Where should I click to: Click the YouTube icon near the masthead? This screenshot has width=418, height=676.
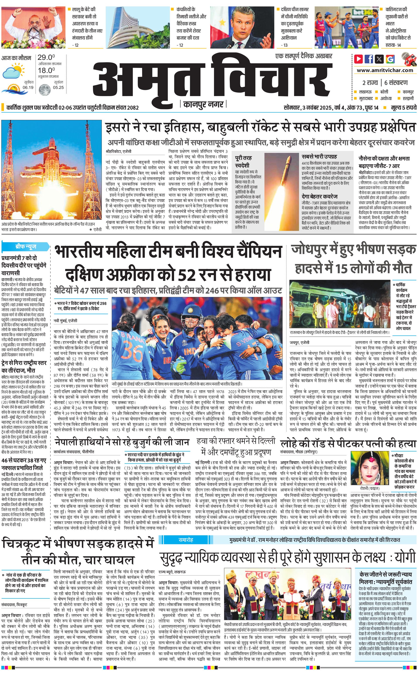point(359,59)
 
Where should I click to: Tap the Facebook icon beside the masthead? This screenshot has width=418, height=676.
point(369,59)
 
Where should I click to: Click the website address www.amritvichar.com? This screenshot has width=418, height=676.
point(385,70)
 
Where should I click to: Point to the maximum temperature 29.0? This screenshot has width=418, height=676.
point(46,57)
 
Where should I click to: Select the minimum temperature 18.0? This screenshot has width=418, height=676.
point(46,70)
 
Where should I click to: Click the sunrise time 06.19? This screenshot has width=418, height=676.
point(28,88)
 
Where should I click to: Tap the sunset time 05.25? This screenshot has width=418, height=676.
point(58,88)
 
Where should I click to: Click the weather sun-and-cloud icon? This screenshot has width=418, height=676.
point(13,71)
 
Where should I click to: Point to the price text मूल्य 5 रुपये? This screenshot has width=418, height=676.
point(403,107)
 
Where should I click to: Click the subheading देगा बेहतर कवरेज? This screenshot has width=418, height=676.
point(320,197)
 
